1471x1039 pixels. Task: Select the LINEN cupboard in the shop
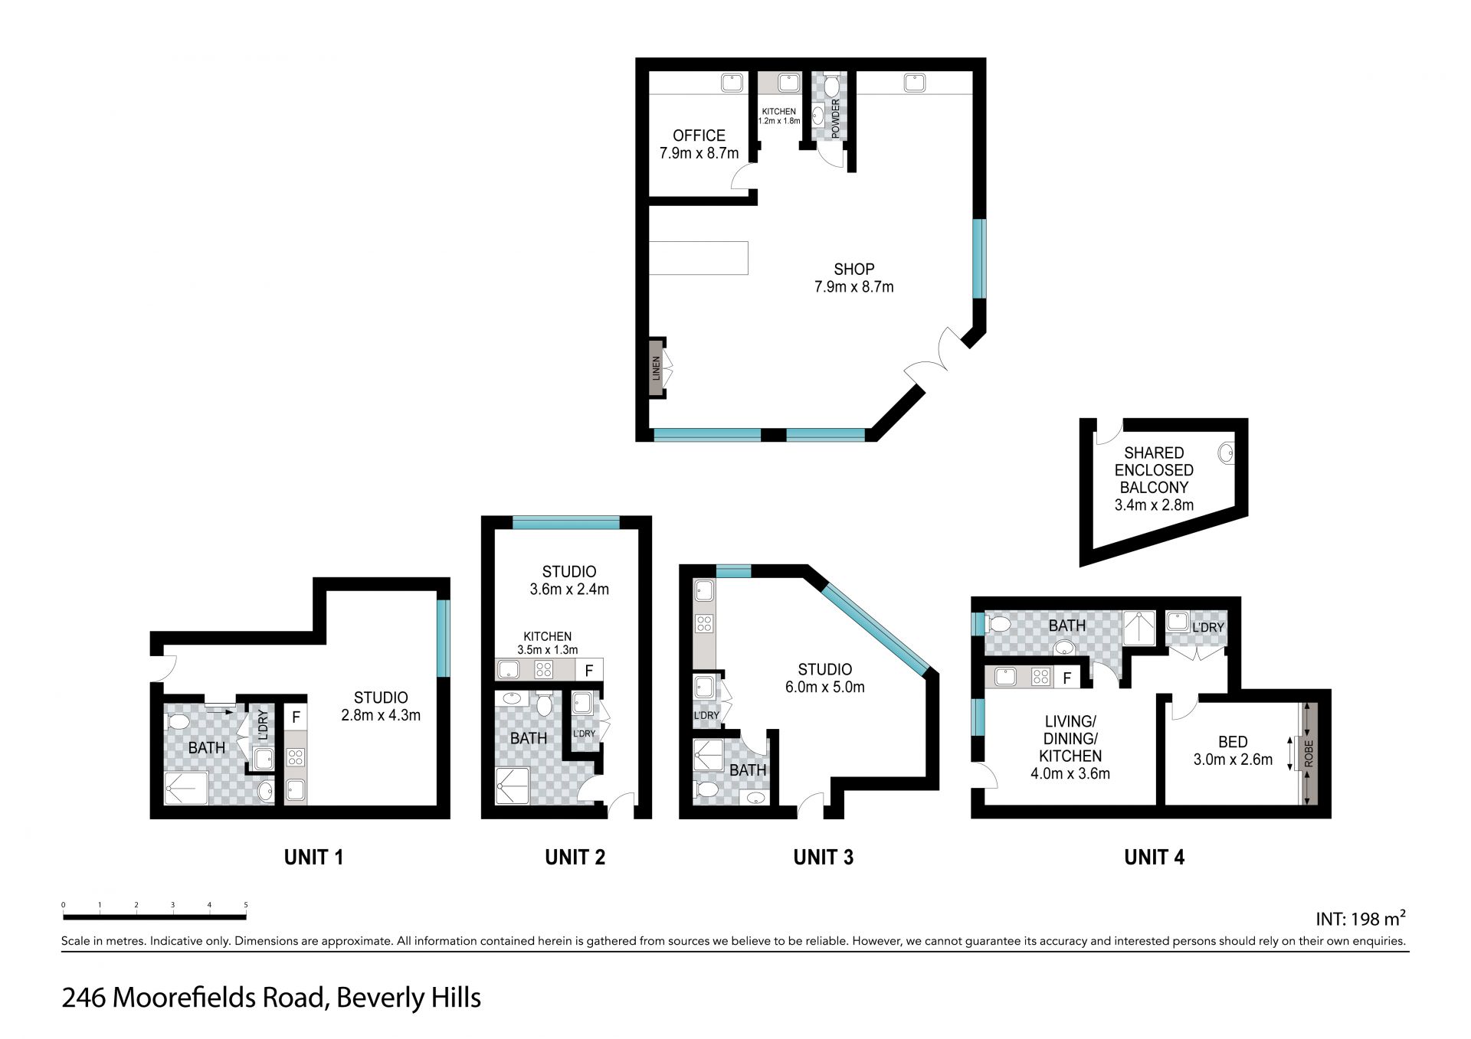coord(657,368)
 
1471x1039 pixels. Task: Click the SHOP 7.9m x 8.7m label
coord(853,278)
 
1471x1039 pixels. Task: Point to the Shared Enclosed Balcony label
coord(1154,479)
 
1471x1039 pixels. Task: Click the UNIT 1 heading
coord(313,858)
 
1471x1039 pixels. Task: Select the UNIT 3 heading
coord(823,858)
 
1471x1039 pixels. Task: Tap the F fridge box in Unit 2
coord(588,670)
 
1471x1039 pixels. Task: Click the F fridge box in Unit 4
coord(1066,678)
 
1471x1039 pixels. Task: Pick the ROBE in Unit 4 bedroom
coord(1308,753)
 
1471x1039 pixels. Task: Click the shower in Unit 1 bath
coord(186,788)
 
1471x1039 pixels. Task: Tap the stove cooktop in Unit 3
coord(704,623)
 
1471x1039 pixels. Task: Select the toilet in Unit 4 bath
coord(1000,624)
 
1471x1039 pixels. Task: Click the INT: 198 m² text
coord(1361,918)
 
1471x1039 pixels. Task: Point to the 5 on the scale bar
coord(246,905)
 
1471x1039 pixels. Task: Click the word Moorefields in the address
coord(217,998)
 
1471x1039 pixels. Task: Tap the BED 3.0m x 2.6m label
coord(1233,750)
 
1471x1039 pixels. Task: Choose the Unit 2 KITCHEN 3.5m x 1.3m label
coord(547,643)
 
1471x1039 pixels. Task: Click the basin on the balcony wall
coord(1227,453)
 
